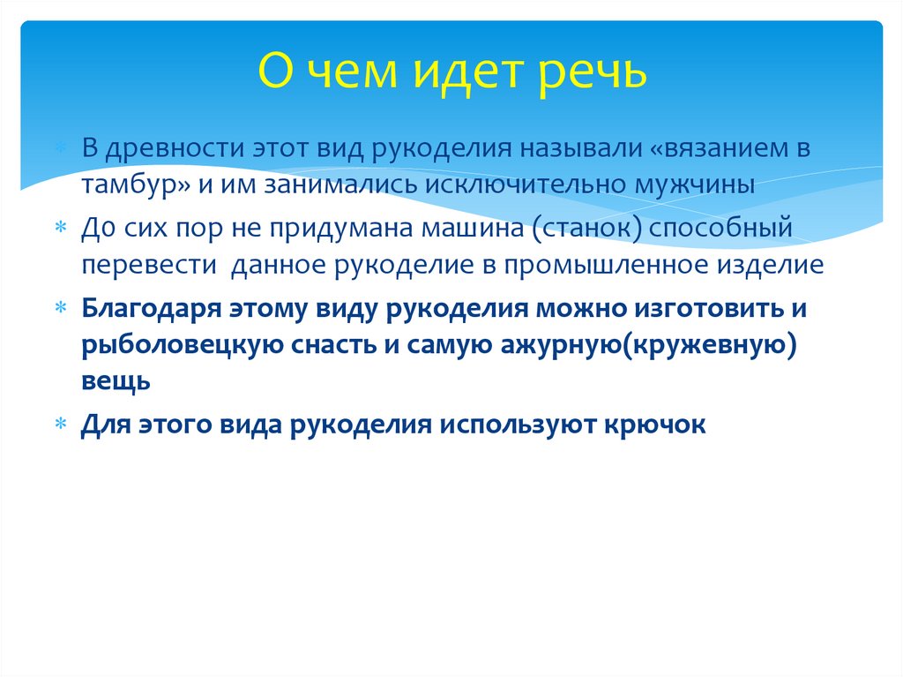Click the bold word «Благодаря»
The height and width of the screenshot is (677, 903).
pyautogui.click(x=150, y=309)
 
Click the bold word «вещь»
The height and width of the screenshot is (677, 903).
pyautogui.click(x=116, y=382)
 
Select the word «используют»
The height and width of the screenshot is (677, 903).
pyautogui.click(x=516, y=425)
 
